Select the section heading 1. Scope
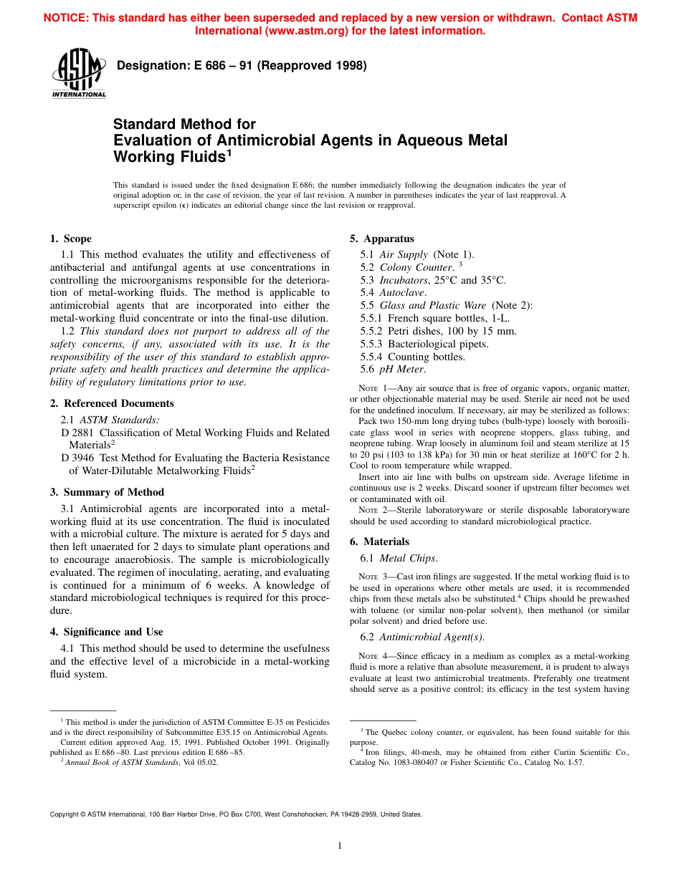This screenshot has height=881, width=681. click(x=70, y=239)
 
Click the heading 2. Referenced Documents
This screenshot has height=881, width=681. click(x=111, y=403)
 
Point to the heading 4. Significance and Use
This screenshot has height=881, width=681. click(x=106, y=632)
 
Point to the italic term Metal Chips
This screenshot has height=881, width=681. click(x=408, y=558)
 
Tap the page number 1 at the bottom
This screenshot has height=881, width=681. click(x=340, y=845)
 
